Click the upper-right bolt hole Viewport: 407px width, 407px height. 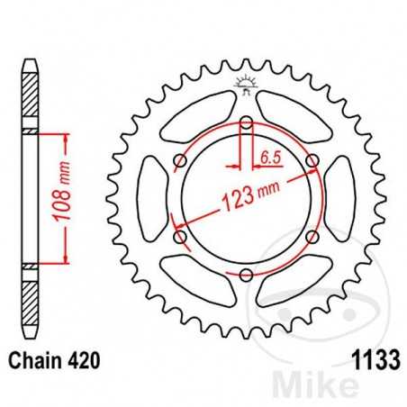click(312, 161)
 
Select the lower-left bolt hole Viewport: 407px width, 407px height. click(180, 237)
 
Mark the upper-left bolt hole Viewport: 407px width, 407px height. click(180, 161)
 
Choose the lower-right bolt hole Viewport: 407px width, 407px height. click(312, 237)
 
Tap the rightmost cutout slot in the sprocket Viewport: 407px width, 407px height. click(344, 198)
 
